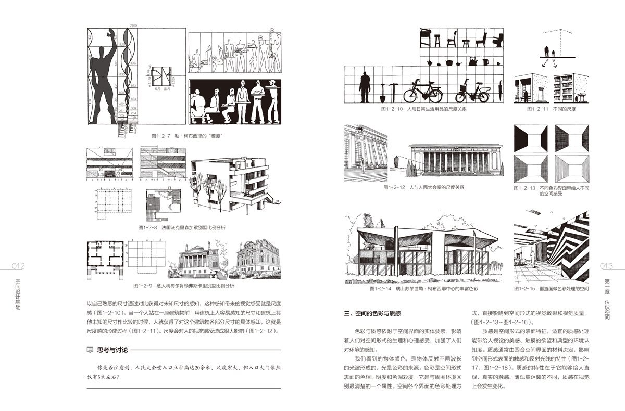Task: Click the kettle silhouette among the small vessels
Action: click(x=471, y=61)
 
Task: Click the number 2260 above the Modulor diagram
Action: click(x=133, y=25)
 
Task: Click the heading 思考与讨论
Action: click(x=112, y=350)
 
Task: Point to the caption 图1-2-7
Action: click(x=161, y=136)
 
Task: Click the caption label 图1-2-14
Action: click(x=380, y=288)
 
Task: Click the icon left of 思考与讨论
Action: click(x=90, y=350)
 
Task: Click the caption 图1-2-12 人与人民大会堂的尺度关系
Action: click(x=423, y=186)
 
